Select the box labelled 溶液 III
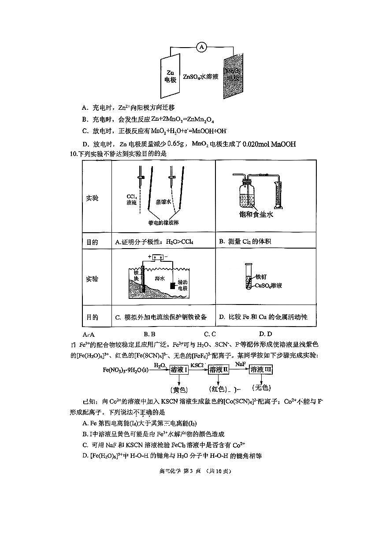(261, 370)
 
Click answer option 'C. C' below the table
(210, 334)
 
